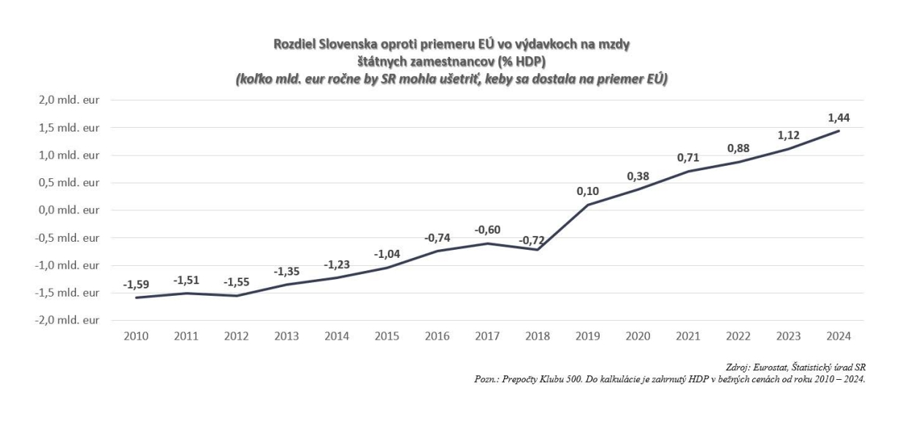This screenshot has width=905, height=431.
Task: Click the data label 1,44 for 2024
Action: [x=839, y=117]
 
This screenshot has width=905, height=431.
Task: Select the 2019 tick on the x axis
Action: [x=588, y=336]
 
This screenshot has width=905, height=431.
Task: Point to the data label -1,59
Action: [x=136, y=284]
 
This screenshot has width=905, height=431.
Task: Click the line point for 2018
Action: [x=538, y=250]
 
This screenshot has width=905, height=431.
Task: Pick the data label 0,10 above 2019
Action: [x=588, y=191]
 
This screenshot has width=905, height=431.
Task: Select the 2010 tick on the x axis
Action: [x=136, y=336]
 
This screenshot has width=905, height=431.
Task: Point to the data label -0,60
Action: [x=487, y=230]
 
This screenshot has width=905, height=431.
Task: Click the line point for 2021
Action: [x=688, y=171]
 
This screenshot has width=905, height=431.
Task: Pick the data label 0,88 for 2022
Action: [x=738, y=148]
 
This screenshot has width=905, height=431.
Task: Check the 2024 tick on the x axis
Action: [x=839, y=336]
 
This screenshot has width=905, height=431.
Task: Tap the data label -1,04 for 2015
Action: [x=387, y=254]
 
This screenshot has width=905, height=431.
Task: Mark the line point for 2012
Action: [x=237, y=295]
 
